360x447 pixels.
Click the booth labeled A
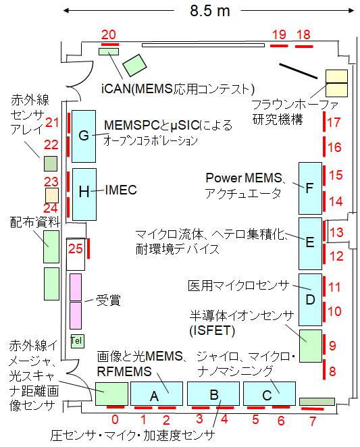pyautogui.click(x=156, y=394)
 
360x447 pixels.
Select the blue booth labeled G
pyautogui.click(x=84, y=136)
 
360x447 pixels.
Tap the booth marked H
pyautogui.click(x=84, y=194)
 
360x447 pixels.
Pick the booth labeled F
pyautogui.click(x=310, y=188)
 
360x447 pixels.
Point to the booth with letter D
pyautogui.click(x=310, y=300)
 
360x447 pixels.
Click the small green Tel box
pyautogui.click(x=77, y=341)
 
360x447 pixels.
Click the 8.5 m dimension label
pyautogui.click(x=210, y=11)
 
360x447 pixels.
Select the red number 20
pyautogui.click(x=109, y=34)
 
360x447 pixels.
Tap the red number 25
pyautogui.click(x=75, y=249)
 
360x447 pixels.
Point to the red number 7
pyautogui.click(x=313, y=421)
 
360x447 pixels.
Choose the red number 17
pyautogui.click(x=334, y=122)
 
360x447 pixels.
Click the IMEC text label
pyautogui.click(x=121, y=190)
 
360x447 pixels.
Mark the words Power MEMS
pyautogui.click(x=243, y=178)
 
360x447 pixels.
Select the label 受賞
pyautogui.click(x=108, y=300)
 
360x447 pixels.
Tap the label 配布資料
pyautogui.click(x=35, y=222)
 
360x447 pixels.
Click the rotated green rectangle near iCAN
pyautogui.click(x=134, y=65)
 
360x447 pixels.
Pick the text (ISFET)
pyautogui.click(x=212, y=331)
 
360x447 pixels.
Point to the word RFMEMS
pyautogui.click(x=124, y=371)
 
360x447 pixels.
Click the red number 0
pyautogui.click(x=115, y=419)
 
